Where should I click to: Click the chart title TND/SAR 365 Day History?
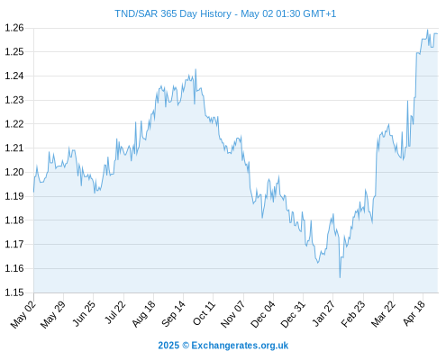(173, 13)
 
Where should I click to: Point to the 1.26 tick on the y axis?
(14, 28)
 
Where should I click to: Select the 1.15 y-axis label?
(14, 292)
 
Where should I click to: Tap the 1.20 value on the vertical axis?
(14, 172)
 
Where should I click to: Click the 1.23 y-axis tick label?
(14, 100)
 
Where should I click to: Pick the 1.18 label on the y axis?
(14, 220)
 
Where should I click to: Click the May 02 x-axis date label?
(23, 315)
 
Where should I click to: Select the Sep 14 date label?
(174, 314)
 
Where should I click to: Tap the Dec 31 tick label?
(293, 314)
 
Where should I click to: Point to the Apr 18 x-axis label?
(414, 313)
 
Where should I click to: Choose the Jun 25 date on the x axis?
(84, 314)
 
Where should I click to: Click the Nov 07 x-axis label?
(233, 314)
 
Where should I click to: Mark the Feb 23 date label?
(353, 314)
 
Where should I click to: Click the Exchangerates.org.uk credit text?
(240, 346)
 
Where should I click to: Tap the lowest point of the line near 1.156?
(340, 277)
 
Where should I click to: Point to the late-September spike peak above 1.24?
(196, 69)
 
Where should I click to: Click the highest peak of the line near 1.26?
(427, 30)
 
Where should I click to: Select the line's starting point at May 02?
(33, 192)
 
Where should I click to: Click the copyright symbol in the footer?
(186, 346)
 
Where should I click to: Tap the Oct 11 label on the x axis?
(204, 314)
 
